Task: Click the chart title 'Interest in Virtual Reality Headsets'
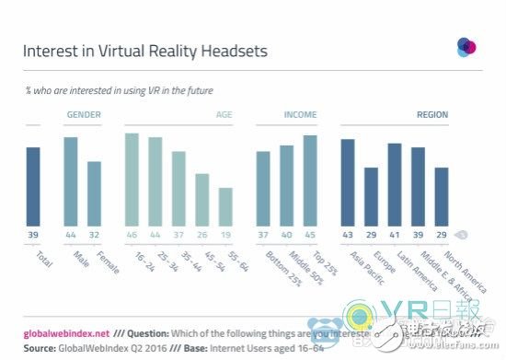pyautogui.click(x=145, y=51)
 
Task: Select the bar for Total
pyautogui.click(x=33, y=185)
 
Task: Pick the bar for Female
pyautogui.click(x=94, y=192)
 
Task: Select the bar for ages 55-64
pyautogui.click(x=225, y=205)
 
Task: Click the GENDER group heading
pyautogui.click(x=83, y=116)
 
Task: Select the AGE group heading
pyautogui.click(x=224, y=116)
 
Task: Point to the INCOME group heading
pyautogui.click(x=286, y=116)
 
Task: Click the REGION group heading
pyautogui.click(x=431, y=116)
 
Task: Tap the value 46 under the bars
pyautogui.click(x=132, y=236)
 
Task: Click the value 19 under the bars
pyautogui.click(x=225, y=236)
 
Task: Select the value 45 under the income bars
pyautogui.click(x=310, y=236)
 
